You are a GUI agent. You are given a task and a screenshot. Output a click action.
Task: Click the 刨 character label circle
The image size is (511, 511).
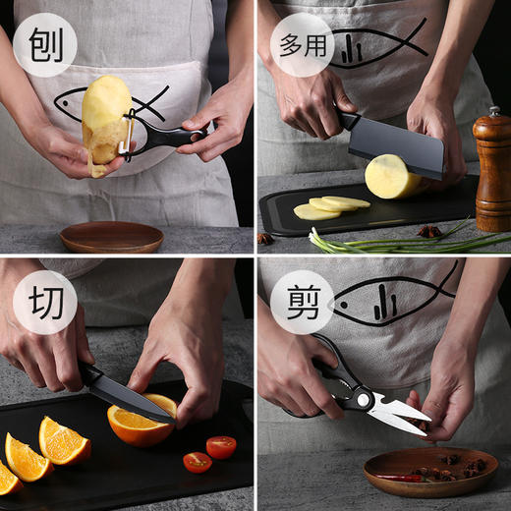coord(45,44)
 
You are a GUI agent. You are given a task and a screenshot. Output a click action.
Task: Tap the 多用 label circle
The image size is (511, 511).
coord(302,44)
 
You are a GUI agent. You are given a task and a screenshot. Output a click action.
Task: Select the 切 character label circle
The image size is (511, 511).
coord(45,302)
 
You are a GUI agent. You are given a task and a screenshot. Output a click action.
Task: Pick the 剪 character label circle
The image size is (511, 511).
coord(302,302)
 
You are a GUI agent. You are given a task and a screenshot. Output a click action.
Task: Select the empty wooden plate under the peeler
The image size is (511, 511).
coord(111,237)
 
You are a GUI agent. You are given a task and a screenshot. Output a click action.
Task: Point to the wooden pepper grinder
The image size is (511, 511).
coord(491,172)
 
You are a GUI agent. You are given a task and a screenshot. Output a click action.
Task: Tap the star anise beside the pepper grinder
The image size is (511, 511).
coord(428,232)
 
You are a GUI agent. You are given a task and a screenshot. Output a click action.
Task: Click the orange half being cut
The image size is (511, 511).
coord(142,422)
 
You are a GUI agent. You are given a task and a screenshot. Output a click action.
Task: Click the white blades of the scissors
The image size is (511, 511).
coord(398,413)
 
